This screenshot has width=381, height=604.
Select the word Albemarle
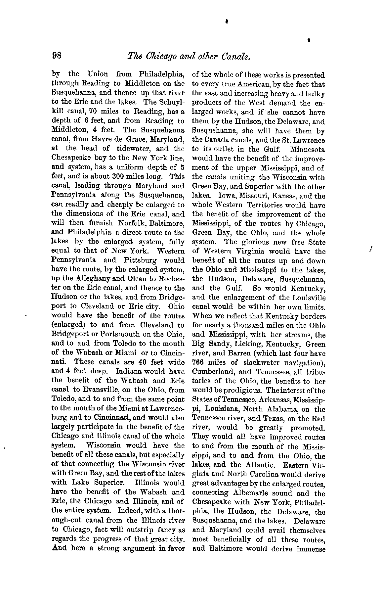point(247,493)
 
